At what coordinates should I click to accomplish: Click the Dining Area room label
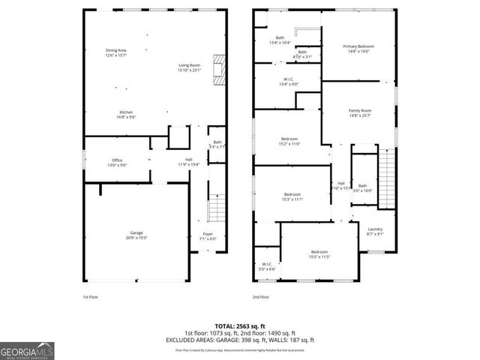(x=115, y=52)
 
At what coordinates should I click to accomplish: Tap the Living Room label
(x=189, y=67)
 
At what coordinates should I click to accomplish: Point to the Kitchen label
(x=125, y=115)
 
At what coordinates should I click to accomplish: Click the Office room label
(x=117, y=162)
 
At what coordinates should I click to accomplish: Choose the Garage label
(x=136, y=235)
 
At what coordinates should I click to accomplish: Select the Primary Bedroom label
(x=358, y=49)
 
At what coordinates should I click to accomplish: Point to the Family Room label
(x=360, y=112)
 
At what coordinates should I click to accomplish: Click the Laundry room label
(x=375, y=231)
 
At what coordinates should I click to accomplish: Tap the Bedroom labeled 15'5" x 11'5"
(x=319, y=254)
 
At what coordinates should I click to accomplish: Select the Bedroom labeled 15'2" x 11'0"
(x=290, y=141)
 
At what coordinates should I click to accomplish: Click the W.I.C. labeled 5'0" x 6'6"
(x=266, y=266)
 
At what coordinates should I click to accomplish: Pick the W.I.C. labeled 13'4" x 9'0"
(x=288, y=82)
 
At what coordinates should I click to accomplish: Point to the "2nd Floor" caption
(x=260, y=297)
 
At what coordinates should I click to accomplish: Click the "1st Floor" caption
(x=90, y=297)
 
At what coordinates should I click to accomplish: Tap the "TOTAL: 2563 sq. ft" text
(x=240, y=326)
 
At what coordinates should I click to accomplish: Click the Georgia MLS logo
(x=25, y=350)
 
